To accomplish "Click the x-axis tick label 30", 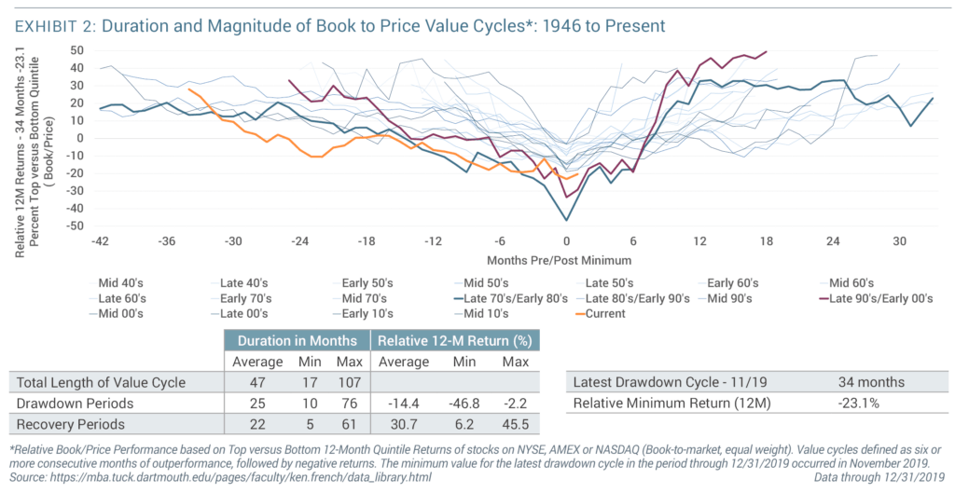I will pyautogui.click(x=898, y=240).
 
